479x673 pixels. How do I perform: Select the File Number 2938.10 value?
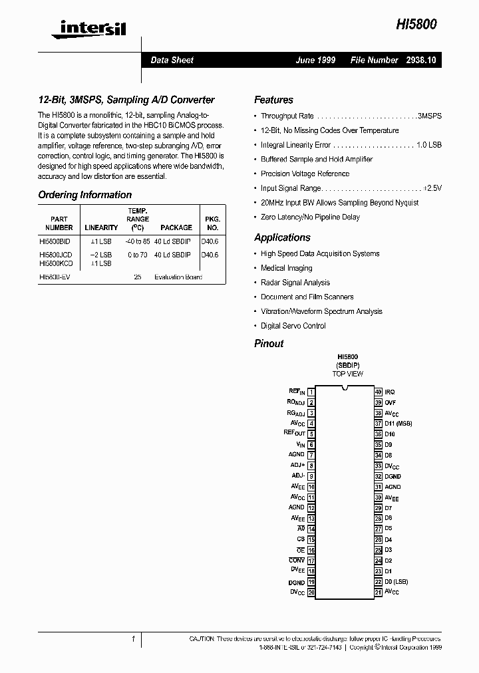click(x=421, y=60)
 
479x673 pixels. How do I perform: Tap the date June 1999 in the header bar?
click(x=315, y=60)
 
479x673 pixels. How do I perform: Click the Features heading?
click(x=273, y=100)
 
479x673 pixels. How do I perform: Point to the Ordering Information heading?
click(x=84, y=195)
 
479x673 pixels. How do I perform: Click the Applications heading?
click(x=282, y=237)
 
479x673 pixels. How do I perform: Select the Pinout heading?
click(x=269, y=343)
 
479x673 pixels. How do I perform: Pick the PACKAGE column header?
click(x=176, y=227)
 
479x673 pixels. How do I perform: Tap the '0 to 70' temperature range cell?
click(x=137, y=255)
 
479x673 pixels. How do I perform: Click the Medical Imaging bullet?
click(x=286, y=268)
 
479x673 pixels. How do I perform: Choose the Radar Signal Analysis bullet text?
click(x=295, y=283)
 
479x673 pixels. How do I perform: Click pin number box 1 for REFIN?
click(x=311, y=392)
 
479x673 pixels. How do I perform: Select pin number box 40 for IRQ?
click(x=378, y=392)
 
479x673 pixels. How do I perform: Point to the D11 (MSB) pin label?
click(x=399, y=423)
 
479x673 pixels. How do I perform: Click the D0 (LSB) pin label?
click(x=397, y=581)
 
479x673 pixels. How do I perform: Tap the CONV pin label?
click(x=297, y=561)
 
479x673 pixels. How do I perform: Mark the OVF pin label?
click(x=391, y=402)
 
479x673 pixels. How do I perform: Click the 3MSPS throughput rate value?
click(x=429, y=116)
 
